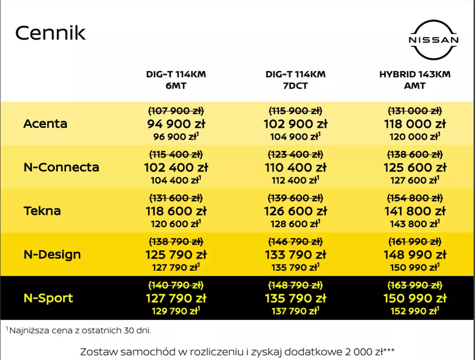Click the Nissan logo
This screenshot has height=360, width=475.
point(433,39)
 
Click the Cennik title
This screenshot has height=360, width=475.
point(50,33)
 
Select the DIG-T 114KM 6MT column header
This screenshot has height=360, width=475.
point(176,80)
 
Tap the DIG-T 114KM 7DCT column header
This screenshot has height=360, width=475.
point(295,80)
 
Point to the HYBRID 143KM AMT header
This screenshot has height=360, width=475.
point(415,80)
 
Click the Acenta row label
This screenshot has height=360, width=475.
point(45,124)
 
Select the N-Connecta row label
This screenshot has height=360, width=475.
point(61,167)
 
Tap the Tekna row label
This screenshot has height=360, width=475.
point(42,211)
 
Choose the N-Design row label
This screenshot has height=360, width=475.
point(52,254)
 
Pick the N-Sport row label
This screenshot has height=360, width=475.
point(48,298)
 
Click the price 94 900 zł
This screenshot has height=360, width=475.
point(176,124)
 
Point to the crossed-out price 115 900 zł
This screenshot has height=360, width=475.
point(295,111)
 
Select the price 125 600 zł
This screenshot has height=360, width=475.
point(415,168)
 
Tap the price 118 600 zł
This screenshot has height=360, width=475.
point(176,211)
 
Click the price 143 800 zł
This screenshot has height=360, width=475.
point(414,224)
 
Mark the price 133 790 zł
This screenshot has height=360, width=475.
point(295,255)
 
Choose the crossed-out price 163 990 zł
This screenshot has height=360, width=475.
point(415,285)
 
